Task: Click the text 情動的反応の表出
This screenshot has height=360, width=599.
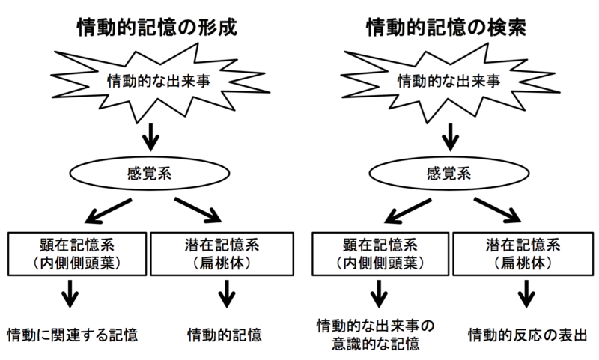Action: point(527,333)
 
